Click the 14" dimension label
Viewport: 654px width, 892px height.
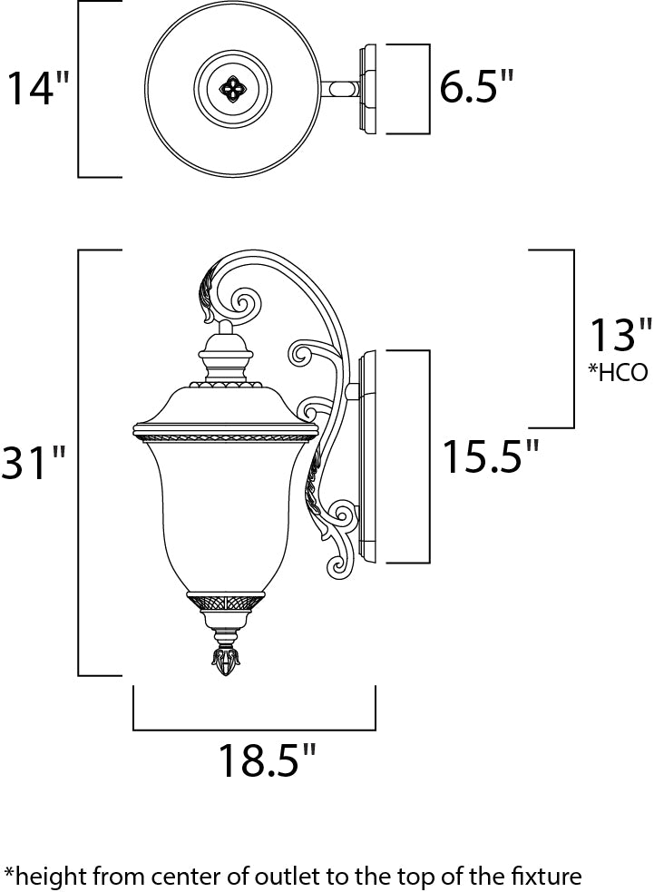tap(39, 89)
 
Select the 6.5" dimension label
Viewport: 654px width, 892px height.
tap(477, 89)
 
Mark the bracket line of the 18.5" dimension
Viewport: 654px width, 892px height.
tap(254, 729)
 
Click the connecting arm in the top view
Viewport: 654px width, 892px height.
tap(340, 89)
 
